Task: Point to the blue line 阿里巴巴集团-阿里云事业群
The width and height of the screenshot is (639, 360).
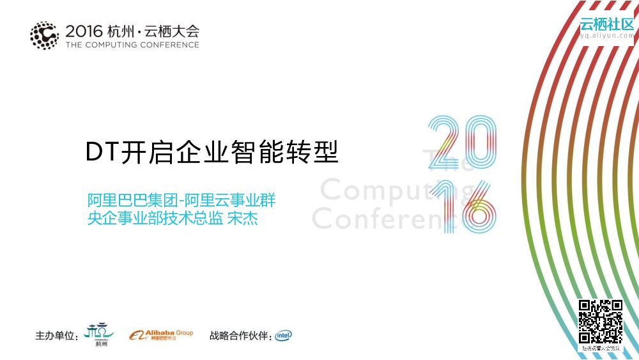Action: pos(181,200)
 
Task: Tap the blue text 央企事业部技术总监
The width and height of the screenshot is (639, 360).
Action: pos(155,219)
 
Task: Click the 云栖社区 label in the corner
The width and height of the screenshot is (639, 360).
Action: pos(606,25)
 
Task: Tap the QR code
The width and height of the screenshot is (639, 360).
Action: pos(600,322)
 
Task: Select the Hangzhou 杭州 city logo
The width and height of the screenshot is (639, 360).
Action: pos(100,334)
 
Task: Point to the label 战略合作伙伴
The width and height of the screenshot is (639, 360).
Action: pos(240,336)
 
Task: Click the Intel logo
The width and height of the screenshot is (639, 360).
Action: pos(284,335)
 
